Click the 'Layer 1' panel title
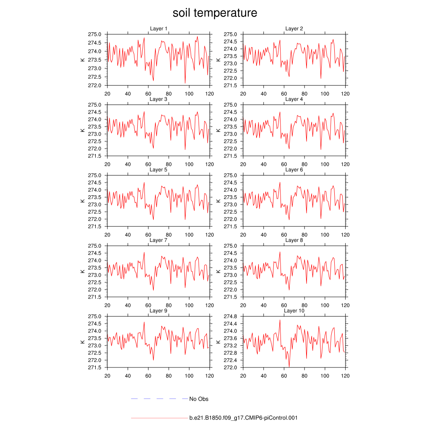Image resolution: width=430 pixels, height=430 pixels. coord(159,29)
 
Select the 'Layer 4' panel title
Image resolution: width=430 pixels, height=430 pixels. coord(294,99)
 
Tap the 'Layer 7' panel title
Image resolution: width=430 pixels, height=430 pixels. coord(159,240)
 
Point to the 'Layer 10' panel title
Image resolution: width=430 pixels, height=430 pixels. coord(294,311)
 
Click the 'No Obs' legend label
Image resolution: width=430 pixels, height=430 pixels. coord(199,399)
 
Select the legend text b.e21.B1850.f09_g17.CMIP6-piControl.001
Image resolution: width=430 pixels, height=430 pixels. coord(244,418)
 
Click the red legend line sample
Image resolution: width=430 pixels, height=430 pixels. coord(160,418)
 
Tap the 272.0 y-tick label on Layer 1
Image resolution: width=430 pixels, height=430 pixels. coord(95,85)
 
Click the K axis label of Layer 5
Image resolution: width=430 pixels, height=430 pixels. coord(83,201)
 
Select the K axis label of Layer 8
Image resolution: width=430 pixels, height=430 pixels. coord(218,271)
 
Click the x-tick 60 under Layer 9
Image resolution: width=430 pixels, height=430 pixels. coord(148,376)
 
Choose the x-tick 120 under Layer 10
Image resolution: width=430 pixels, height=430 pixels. coord(345,376)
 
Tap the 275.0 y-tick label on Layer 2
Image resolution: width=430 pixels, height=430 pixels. coord(231,34)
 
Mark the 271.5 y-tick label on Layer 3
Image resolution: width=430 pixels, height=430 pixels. coord(95,156)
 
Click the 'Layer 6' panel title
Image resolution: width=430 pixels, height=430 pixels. coord(294,170)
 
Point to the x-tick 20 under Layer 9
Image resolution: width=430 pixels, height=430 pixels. coord(107,376)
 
